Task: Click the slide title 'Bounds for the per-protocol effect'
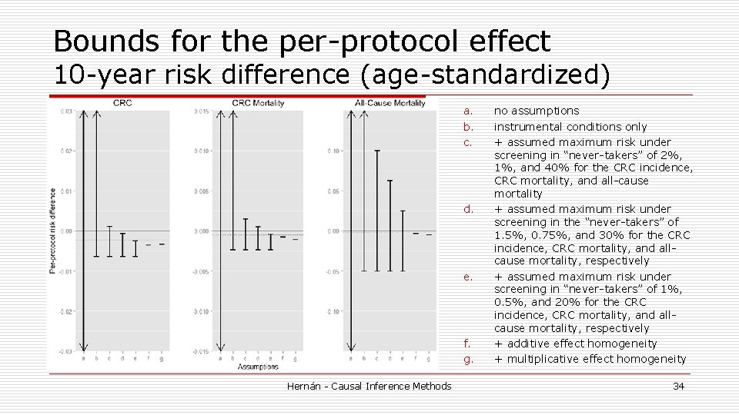[x=302, y=41]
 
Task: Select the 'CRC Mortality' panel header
[x=259, y=103]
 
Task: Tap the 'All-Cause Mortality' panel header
[x=390, y=103]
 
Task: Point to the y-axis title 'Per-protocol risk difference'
[x=52, y=231]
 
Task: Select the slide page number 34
[x=678, y=386]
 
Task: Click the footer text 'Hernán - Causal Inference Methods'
[x=369, y=386]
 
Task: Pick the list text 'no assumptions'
[x=537, y=111]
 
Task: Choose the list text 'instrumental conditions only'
[x=570, y=127]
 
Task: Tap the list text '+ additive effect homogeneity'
[x=576, y=344]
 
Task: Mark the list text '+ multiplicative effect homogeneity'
[x=590, y=359]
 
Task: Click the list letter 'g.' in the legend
[x=466, y=359]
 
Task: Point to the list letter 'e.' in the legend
[x=467, y=277]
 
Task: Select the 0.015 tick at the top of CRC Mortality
[x=199, y=111]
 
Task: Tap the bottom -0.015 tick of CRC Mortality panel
[x=199, y=351]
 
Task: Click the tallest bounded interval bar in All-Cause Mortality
[x=377, y=210]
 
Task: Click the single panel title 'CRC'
[x=122, y=103]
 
